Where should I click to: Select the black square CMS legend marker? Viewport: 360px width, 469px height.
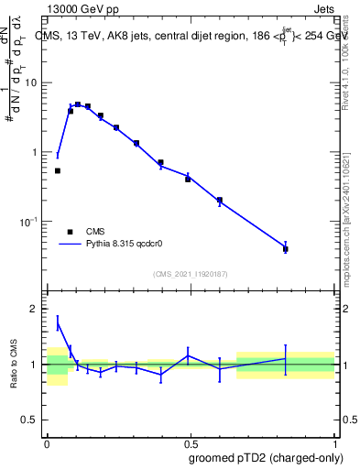(x=70, y=232)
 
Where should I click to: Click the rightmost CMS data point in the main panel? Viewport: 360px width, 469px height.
(x=286, y=248)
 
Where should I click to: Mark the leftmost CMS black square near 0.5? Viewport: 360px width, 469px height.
(x=58, y=170)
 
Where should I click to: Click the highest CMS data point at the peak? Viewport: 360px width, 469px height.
(x=78, y=104)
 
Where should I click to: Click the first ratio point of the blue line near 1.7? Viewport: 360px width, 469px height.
(x=58, y=322)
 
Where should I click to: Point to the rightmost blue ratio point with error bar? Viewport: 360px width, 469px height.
(x=286, y=359)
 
